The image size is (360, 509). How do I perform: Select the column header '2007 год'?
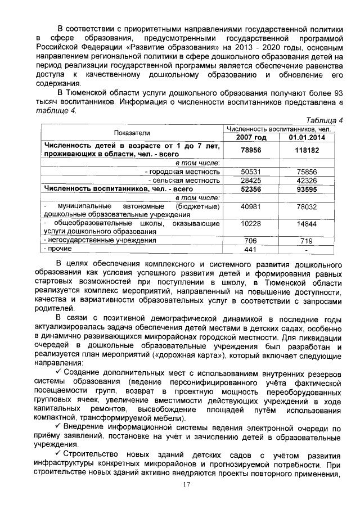tap(251, 138)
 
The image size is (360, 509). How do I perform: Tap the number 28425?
tap(251, 181)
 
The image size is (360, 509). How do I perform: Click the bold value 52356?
tap(251, 190)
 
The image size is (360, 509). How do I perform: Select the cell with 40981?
tap(251, 207)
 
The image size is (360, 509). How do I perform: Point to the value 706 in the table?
tap(251, 240)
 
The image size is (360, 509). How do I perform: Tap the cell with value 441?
tap(251, 249)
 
